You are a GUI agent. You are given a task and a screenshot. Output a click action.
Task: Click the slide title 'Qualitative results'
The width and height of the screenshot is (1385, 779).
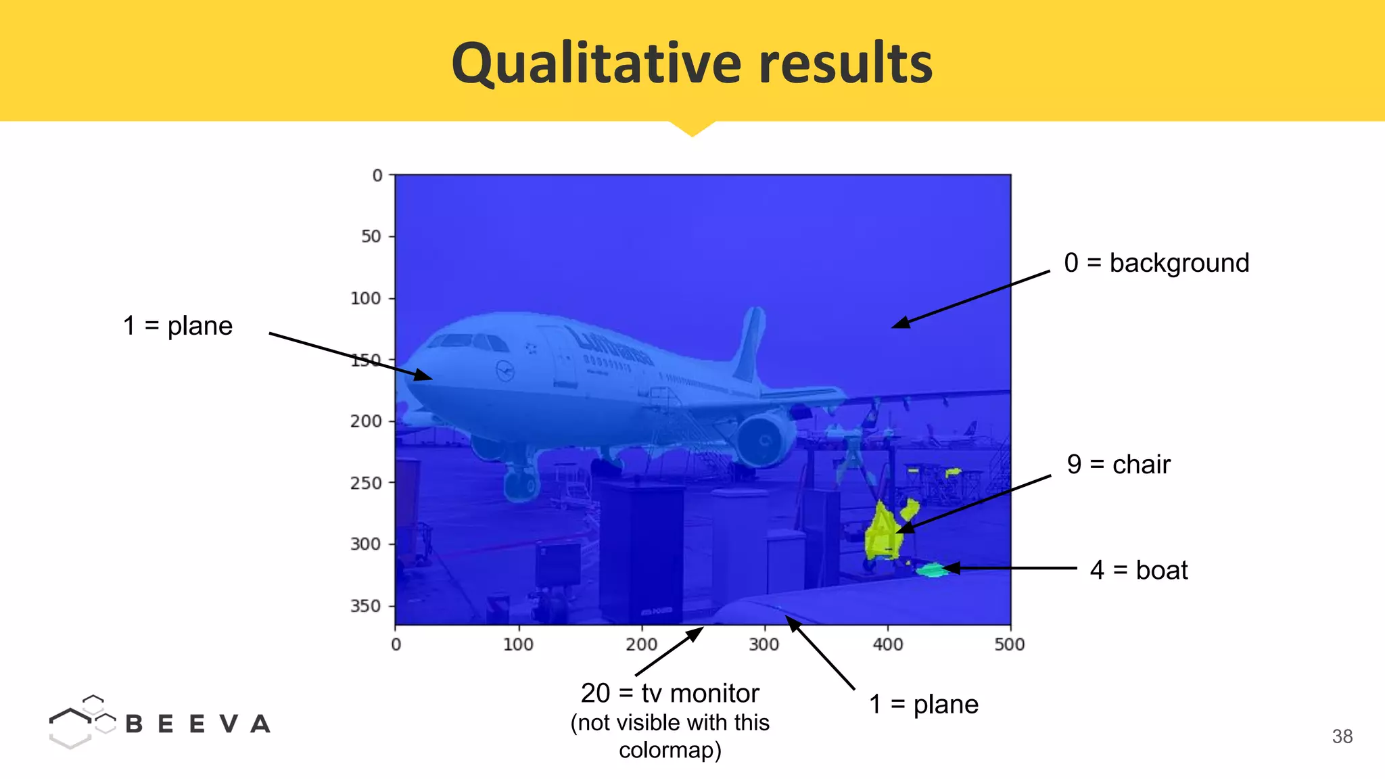[692, 63]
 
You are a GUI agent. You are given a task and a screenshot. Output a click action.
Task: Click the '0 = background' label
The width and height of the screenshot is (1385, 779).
[1156, 263]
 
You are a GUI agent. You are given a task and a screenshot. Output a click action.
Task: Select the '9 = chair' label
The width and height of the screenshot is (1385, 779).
[1119, 465]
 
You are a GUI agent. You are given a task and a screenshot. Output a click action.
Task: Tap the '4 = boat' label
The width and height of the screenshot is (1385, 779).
[1139, 570]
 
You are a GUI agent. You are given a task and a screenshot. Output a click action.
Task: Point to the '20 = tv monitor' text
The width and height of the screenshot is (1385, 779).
[670, 693]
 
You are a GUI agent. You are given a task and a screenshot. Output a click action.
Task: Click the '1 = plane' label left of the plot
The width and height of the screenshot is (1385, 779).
[178, 326]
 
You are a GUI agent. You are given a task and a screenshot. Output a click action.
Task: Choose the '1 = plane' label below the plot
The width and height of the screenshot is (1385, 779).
[923, 705]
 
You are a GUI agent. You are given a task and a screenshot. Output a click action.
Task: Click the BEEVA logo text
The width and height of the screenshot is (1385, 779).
[197, 724]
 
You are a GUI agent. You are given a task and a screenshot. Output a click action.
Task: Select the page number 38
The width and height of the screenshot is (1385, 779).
[1342, 736]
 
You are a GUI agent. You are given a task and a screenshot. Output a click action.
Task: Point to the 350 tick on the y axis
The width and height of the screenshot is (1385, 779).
[365, 606]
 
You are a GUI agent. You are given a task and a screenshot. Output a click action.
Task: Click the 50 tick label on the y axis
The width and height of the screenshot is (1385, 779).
[371, 237]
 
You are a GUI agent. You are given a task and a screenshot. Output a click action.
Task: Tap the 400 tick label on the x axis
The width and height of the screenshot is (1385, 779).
[887, 644]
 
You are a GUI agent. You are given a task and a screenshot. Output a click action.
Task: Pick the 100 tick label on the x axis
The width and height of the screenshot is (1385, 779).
[518, 644]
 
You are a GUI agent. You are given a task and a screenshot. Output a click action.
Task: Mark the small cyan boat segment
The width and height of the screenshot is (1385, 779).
[932, 570]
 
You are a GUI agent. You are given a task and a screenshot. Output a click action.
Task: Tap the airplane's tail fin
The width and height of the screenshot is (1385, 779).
[751, 345]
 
